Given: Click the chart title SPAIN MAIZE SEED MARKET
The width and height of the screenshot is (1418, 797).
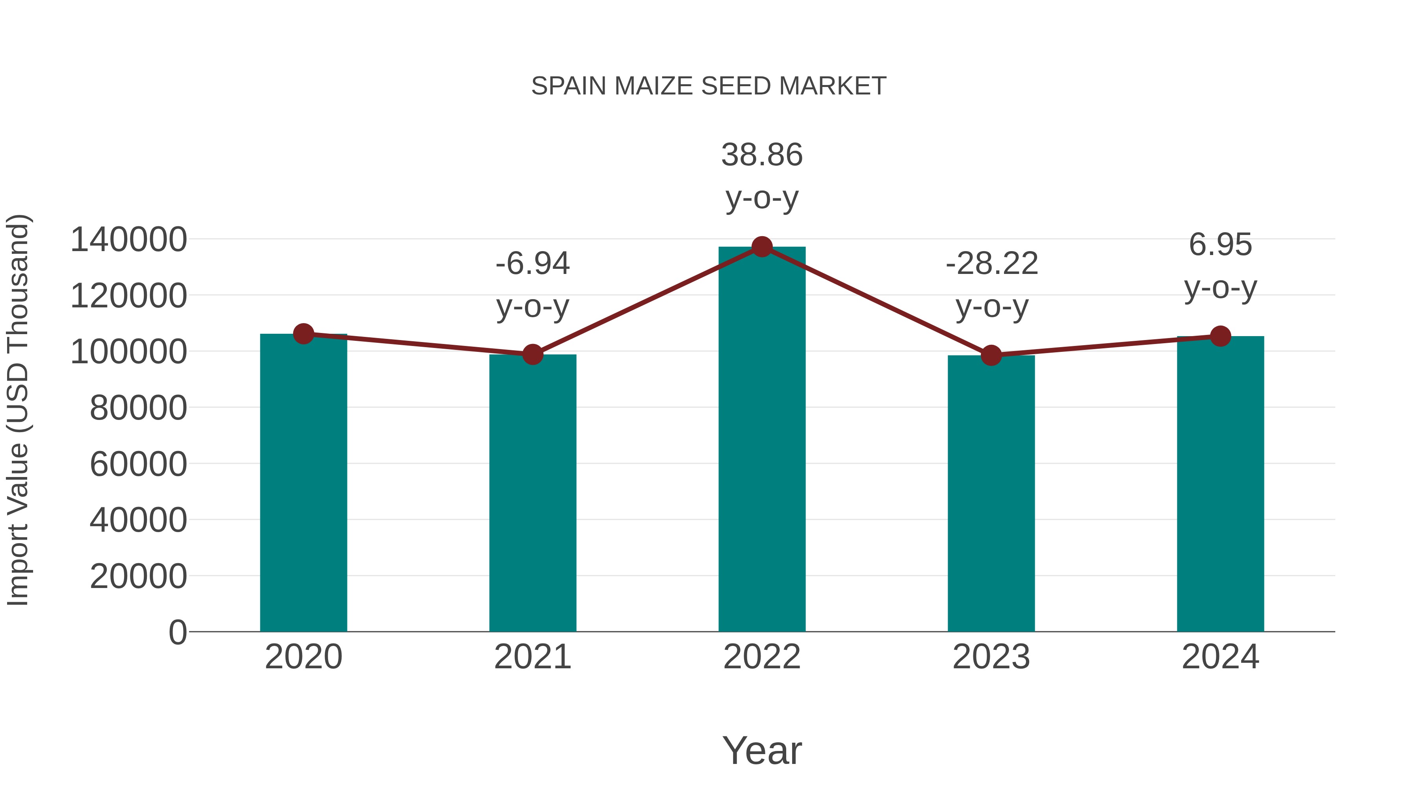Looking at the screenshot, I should (709, 86).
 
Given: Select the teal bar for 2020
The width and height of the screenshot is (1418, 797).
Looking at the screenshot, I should (303, 484).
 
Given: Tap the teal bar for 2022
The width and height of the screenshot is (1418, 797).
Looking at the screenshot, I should (762, 440).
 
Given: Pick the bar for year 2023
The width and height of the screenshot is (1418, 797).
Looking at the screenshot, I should (991, 495).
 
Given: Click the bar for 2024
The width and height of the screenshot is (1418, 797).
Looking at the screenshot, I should (1220, 484).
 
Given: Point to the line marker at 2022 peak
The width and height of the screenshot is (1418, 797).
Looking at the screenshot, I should (762, 247).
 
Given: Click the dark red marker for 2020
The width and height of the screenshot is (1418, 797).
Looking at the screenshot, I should (303, 333).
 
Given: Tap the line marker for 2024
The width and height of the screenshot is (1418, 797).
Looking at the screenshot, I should (1220, 336).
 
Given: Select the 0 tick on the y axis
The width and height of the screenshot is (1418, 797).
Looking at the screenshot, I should (177, 632).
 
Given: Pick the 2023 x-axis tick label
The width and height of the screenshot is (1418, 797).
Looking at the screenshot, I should (991, 657).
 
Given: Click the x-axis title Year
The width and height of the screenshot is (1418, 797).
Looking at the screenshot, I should (762, 750).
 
